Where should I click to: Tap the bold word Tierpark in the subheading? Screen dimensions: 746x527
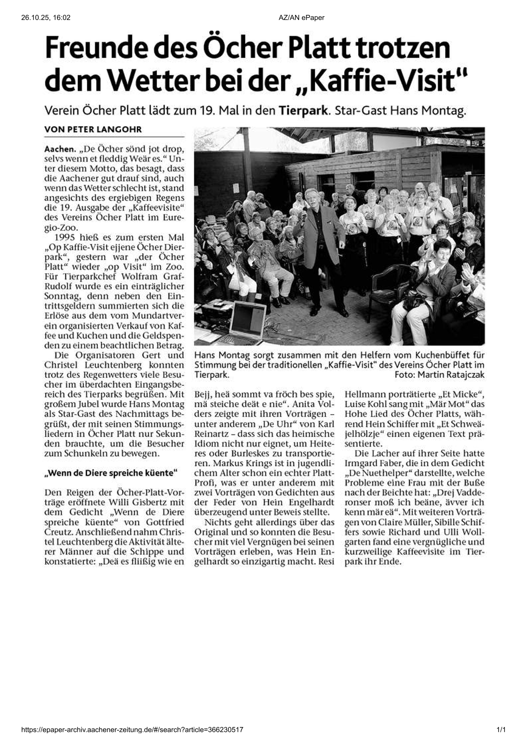tap(303, 111)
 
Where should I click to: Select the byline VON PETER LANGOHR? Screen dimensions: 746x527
tap(93, 129)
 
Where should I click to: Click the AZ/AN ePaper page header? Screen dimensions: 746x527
tap(302, 17)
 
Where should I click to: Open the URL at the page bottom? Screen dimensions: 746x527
tap(132, 730)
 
